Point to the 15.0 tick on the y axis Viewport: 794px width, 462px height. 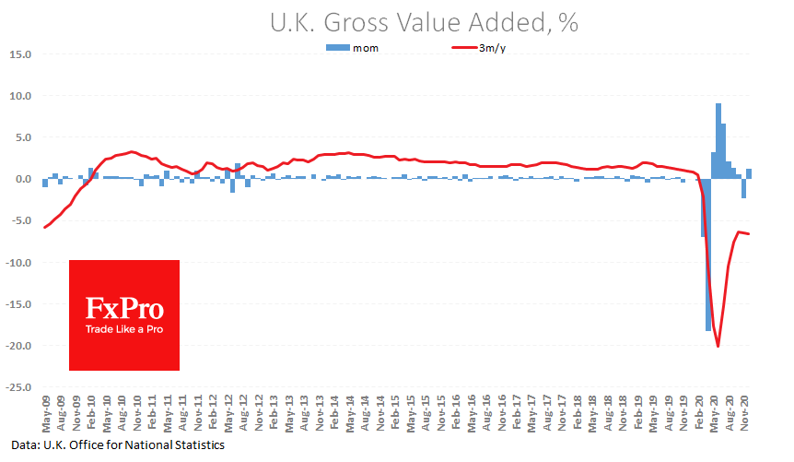coord(20,54)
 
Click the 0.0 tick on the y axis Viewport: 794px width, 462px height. coord(23,179)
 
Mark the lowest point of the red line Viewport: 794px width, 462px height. coord(718,346)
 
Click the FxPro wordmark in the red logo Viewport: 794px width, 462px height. coord(123,307)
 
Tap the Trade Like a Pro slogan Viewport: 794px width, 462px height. coord(123,329)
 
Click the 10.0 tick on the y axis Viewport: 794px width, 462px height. coord(20,96)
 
